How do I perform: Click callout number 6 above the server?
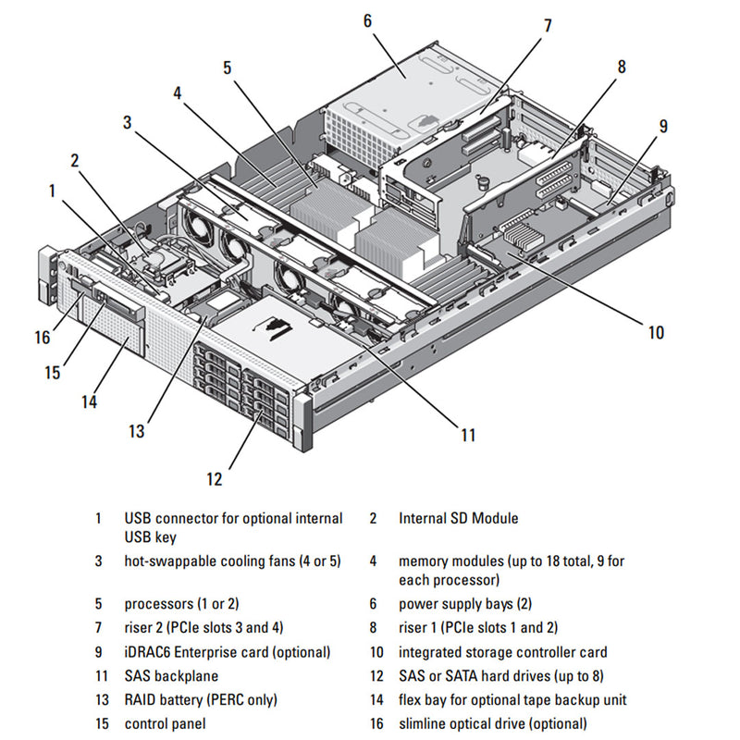tap(367, 19)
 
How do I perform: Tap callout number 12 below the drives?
tap(215, 479)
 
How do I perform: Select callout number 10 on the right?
tap(656, 333)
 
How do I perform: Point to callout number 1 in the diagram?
tap(53, 191)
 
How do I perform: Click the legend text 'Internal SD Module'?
tap(458, 519)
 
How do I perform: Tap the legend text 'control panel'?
tap(165, 724)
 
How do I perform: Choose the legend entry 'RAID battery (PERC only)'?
tap(201, 700)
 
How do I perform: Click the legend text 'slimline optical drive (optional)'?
tap(492, 724)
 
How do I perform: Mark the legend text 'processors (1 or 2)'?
tap(181, 604)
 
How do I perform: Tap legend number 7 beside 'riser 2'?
tap(98, 628)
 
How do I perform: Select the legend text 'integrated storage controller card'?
tap(502, 652)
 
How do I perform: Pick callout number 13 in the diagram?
tap(137, 431)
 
